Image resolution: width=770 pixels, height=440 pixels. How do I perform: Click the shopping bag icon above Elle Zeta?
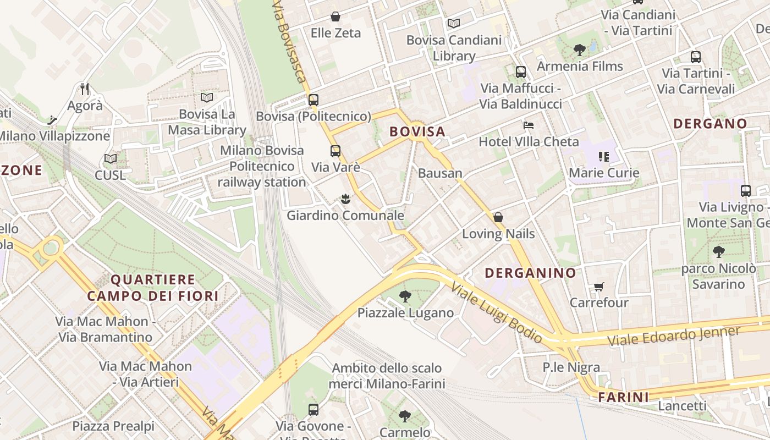[x=335, y=17]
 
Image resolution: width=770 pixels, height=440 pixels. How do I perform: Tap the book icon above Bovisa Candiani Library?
[x=453, y=23]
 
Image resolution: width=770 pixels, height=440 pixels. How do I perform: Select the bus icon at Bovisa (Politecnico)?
[x=313, y=100]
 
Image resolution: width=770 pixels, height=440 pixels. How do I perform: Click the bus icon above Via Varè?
[x=335, y=151]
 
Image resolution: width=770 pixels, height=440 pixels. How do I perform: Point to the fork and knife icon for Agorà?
[x=85, y=89]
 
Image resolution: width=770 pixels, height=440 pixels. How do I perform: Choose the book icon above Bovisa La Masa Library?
[x=207, y=98]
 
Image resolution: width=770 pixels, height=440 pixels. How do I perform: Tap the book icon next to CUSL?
[x=111, y=159]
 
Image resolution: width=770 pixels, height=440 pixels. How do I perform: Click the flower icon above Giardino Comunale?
[x=345, y=199]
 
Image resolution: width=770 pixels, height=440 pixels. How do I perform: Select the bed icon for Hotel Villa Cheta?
[x=529, y=125]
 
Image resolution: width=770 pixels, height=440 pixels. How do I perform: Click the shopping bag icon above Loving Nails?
[x=498, y=217]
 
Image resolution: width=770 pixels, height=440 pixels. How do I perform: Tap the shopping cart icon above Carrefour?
[x=598, y=287]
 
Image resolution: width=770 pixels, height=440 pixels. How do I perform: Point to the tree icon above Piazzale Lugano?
[x=405, y=296]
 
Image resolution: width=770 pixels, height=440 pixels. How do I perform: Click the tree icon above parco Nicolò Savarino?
[x=718, y=252]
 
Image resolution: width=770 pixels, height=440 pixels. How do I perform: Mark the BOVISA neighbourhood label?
[x=417, y=132]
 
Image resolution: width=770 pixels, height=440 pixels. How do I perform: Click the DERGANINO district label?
[x=530, y=273]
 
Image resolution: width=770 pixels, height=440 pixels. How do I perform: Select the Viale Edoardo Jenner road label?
[x=674, y=335]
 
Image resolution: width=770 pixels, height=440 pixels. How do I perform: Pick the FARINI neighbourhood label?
[x=623, y=397]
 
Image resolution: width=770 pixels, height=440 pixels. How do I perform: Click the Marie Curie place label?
[x=604, y=173]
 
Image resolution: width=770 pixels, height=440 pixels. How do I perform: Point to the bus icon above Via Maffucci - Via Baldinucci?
[x=520, y=71]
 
